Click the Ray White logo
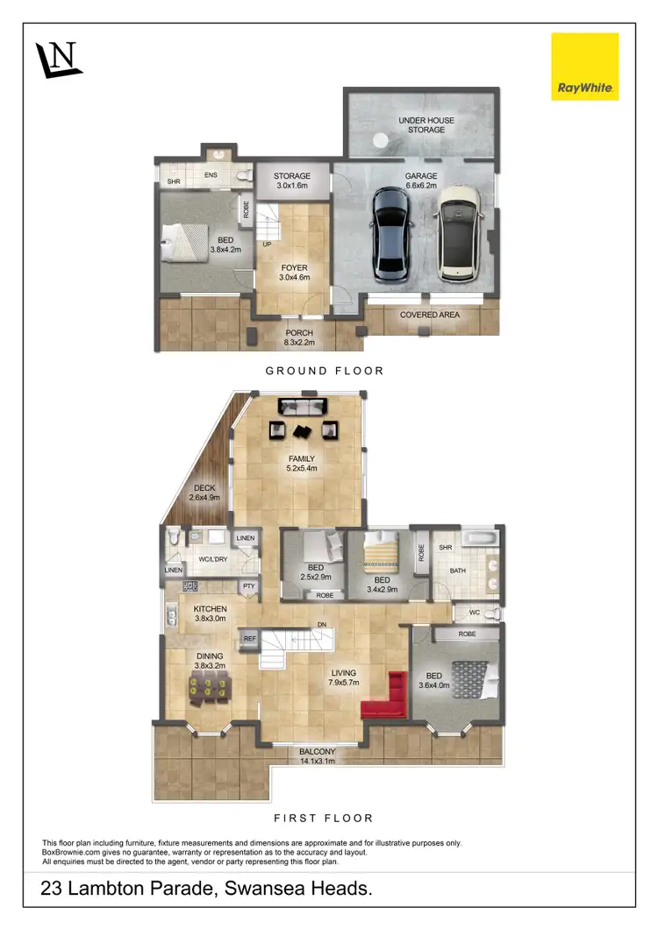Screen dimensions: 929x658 (584, 67)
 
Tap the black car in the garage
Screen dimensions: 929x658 (392, 234)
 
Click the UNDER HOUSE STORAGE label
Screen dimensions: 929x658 (421, 124)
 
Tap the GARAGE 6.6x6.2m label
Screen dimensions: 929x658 (421, 181)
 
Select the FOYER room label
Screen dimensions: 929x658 (293, 273)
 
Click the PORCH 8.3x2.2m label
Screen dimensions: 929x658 (299, 338)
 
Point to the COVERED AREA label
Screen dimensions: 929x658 (429, 315)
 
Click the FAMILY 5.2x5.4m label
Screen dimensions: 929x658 (299, 464)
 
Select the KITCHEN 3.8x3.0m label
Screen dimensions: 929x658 (211, 613)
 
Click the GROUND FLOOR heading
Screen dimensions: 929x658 (325, 371)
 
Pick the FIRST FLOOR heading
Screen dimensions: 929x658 (324, 818)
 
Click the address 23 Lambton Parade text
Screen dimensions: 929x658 (207, 889)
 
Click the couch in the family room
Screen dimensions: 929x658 (302, 407)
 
